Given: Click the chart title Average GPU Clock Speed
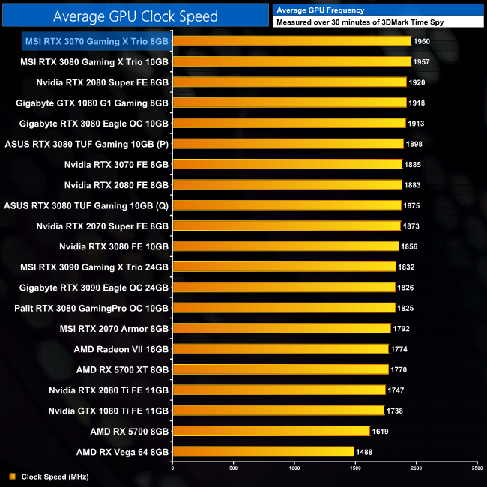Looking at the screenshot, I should pos(136,16).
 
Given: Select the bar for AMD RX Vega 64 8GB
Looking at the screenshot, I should pos(263,451).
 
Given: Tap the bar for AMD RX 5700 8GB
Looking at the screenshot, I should pos(271,431).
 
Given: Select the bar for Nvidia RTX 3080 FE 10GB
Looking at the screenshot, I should pos(285,246).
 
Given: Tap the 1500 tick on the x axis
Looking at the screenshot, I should pos(355,468).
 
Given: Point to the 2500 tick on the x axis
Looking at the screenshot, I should pos(477,468).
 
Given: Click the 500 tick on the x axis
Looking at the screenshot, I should pos(233,468).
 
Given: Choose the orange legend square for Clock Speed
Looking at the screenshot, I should pos(12,477).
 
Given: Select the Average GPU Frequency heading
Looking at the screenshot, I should pos(321,10).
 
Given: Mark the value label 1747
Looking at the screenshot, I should pos(398,390).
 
